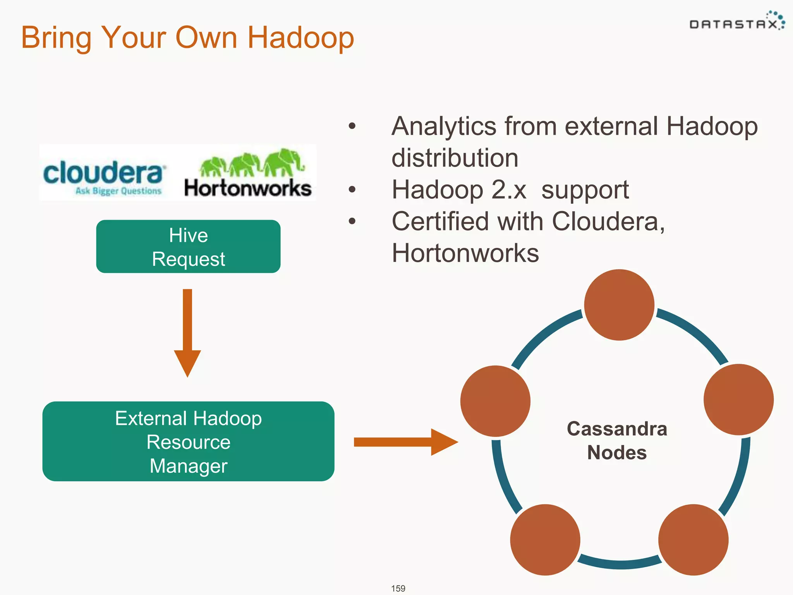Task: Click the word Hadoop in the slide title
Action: (x=300, y=38)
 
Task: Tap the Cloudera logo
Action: (x=104, y=174)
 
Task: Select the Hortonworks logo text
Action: (x=248, y=188)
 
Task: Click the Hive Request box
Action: (x=188, y=247)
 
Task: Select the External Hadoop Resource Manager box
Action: (x=188, y=442)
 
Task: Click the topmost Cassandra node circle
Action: (x=619, y=305)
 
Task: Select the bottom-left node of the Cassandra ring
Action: (x=545, y=540)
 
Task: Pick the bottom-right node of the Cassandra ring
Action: (x=693, y=540)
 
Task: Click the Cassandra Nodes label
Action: (x=617, y=440)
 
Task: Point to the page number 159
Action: (x=398, y=588)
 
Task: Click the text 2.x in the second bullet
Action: (x=509, y=190)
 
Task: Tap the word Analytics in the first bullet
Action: (x=444, y=126)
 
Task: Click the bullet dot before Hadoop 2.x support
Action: (x=352, y=189)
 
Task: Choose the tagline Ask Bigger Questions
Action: (x=118, y=191)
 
